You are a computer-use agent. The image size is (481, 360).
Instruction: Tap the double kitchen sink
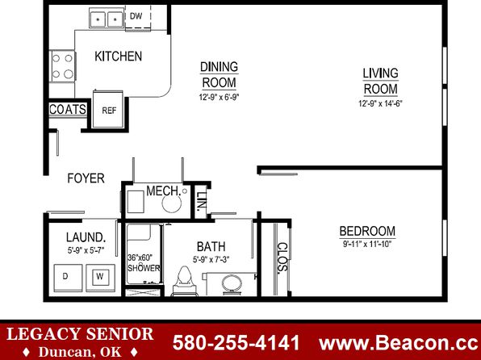107,19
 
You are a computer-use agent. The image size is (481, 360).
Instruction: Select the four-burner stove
63,66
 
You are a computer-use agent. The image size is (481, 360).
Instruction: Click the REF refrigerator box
108,109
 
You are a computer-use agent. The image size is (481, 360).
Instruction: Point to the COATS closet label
68,109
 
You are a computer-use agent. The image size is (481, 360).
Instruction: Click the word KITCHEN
118,57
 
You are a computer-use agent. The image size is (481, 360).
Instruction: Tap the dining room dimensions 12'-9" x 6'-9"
219,98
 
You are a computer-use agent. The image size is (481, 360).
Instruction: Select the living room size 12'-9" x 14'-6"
380,104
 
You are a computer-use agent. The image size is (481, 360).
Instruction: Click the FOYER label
86,178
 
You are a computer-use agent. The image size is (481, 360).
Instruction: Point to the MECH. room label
163,190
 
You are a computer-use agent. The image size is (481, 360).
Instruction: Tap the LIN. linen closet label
201,202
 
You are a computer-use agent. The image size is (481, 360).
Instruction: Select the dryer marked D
68,278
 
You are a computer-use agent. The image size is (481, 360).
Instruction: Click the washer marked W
100,278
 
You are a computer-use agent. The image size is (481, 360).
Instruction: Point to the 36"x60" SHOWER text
144,262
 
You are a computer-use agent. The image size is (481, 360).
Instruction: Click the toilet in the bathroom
184,282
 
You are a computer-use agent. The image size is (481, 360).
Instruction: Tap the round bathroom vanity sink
232,284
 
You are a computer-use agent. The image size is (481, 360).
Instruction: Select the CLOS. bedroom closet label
282,257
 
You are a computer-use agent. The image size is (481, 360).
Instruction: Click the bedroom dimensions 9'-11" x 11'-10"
367,245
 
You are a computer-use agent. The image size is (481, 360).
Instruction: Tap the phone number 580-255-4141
236,342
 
